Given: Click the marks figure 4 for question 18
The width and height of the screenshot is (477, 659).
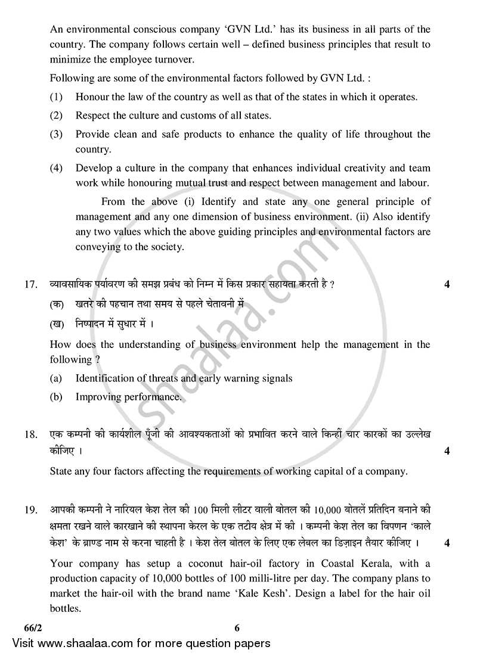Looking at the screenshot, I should pos(447,451).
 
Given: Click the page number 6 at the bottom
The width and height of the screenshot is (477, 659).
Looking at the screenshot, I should pos(237,627).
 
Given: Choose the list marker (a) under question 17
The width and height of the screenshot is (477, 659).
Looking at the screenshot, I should pos(56,378).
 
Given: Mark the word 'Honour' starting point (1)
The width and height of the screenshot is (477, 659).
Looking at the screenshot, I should pos(91,97).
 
